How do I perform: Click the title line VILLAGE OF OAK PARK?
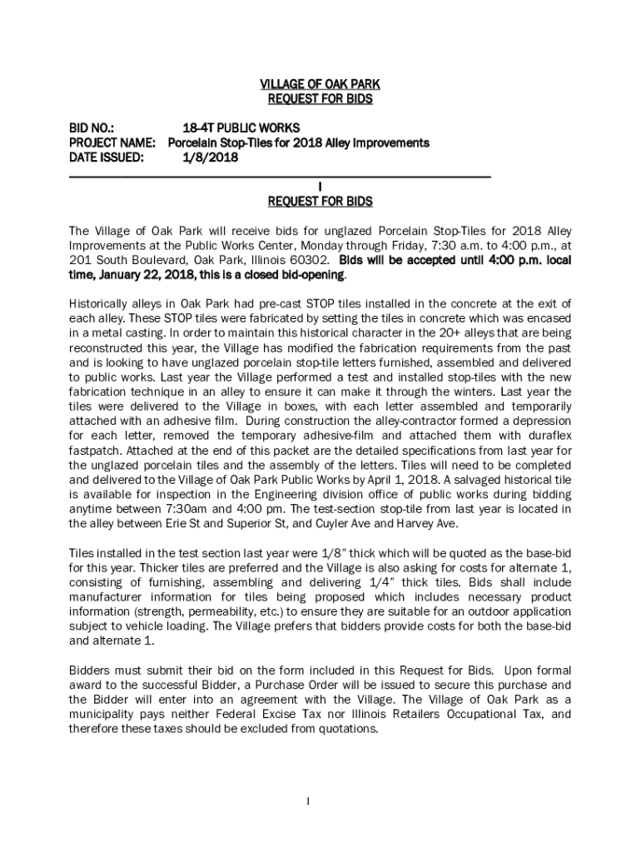pyautogui.click(x=320, y=85)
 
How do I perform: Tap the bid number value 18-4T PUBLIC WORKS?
pyautogui.click(x=236, y=128)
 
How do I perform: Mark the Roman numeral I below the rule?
pyautogui.click(x=320, y=187)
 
